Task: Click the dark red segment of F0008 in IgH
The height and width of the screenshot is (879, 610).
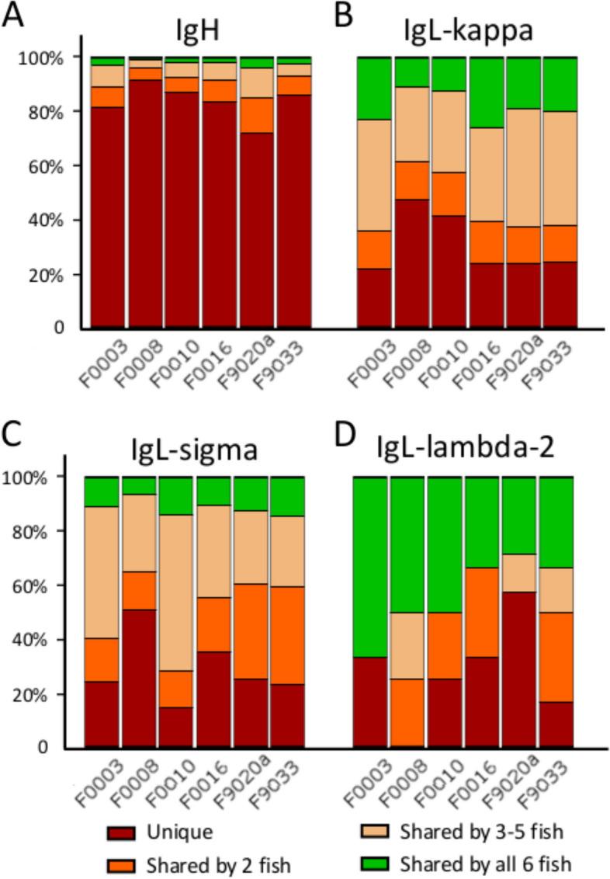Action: point(146,202)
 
